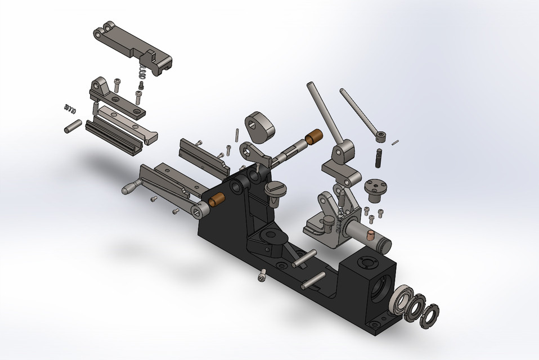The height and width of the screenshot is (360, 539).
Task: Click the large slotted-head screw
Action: [275, 188]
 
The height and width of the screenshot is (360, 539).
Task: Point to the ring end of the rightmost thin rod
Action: [381, 136]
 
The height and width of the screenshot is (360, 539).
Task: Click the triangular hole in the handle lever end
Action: [199, 211]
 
